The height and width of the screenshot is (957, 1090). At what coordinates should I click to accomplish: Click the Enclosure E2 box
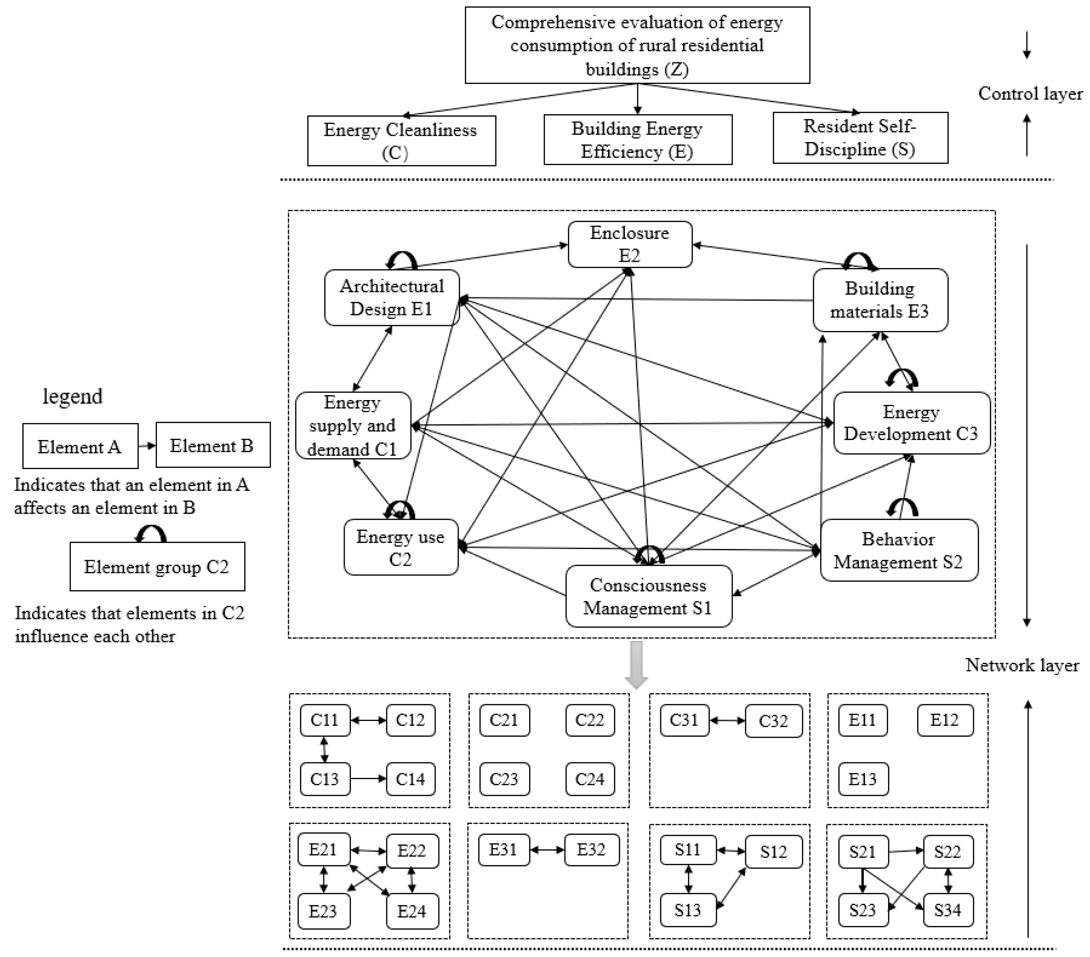click(630, 244)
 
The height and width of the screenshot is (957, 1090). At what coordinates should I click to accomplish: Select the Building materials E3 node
click(880, 300)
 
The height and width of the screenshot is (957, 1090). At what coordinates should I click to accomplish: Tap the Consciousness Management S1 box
click(649, 596)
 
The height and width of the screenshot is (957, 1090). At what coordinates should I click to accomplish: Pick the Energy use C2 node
click(400, 548)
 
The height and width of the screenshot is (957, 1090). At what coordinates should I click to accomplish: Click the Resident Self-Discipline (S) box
click(860, 138)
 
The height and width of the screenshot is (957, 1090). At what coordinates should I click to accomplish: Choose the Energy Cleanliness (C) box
click(401, 141)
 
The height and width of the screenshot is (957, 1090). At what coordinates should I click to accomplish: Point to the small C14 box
click(410, 779)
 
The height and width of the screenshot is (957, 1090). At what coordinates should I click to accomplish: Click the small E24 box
click(412, 911)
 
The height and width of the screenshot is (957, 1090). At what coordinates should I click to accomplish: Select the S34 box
click(948, 910)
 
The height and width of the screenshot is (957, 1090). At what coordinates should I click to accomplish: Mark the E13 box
click(863, 779)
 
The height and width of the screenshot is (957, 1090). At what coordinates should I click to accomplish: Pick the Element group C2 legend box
click(157, 567)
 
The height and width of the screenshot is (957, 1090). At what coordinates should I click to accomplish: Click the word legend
click(73, 397)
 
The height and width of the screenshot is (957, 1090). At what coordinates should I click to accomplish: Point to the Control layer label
click(1030, 94)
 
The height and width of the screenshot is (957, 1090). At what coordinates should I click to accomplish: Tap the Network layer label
click(1022, 665)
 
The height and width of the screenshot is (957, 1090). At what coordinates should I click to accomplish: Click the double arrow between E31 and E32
click(547, 850)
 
